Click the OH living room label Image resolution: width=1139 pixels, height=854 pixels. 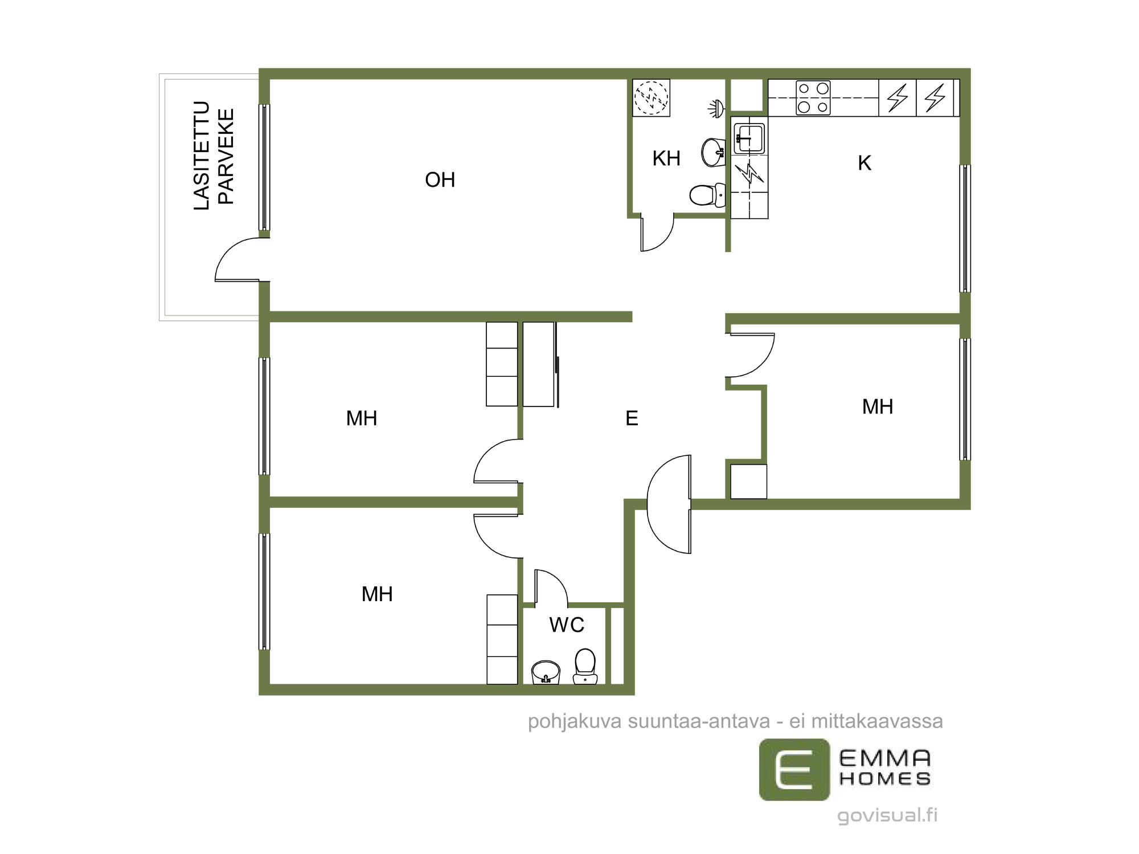point(440,180)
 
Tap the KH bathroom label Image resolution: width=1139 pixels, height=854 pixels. point(666,158)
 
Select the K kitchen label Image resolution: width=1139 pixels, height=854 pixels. point(865,163)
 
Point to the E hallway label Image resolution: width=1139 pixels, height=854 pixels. point(632,418)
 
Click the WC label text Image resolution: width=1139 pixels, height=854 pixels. point(567,625)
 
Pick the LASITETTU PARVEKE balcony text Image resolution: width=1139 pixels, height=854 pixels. point(214,155)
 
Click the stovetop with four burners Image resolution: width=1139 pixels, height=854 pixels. point(813,97)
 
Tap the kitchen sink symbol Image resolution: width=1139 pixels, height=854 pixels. point(749,138)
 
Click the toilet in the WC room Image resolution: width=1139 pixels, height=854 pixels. point(585,666)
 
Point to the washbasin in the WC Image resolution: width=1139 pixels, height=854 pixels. point(546,672)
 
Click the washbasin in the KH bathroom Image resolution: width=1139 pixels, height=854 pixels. point(713,152)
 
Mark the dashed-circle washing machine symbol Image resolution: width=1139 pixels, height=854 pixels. point(651,97)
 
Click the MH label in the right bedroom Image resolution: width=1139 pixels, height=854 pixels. point(878,407)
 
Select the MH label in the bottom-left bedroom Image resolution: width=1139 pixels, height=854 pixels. point(377,594)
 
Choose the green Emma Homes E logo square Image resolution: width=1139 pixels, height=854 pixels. point(794,770)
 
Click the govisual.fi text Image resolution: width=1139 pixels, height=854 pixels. point(887,815)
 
